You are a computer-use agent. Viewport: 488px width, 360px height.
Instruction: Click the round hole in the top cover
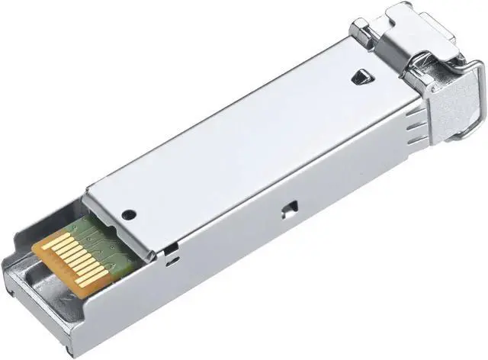(128, 215)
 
